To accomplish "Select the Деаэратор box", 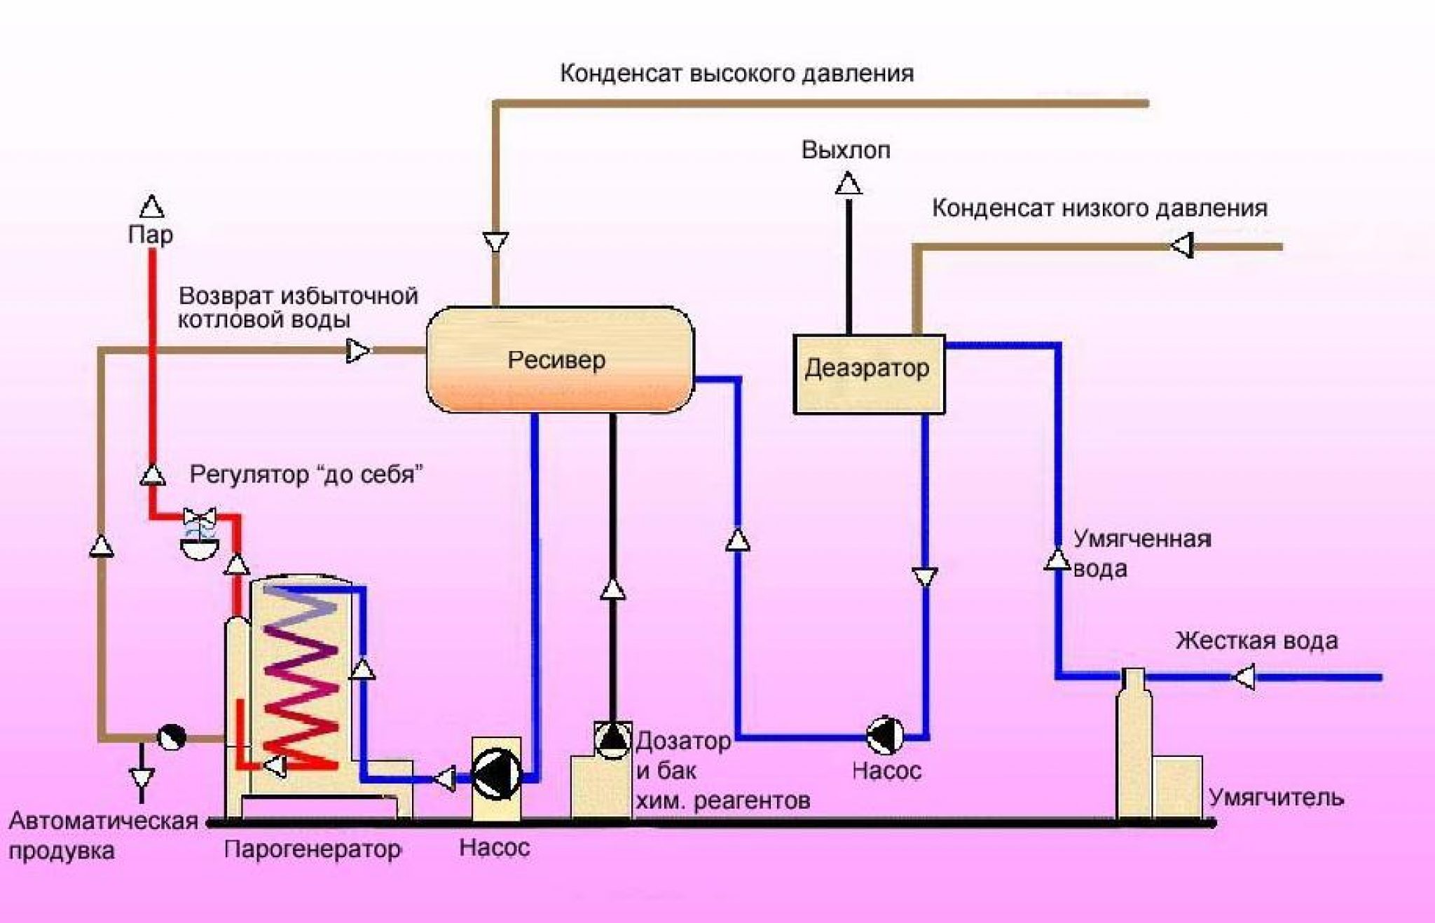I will pos(868,374).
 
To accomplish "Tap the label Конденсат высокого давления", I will pos(736,74).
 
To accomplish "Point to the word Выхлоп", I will pos(846,150).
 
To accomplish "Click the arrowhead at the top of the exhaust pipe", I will pos(849,184).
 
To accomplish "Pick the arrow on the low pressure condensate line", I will pos(1182,247).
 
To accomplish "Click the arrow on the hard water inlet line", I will pos(1244,678).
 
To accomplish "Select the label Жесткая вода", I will pos(1256,641).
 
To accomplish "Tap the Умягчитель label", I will pos(1276,798).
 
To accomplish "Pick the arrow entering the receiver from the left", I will pos(358,350).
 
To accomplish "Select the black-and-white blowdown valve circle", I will pos(171,737).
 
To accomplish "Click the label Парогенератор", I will pos(313,849).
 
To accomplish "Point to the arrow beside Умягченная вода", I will pos(1057,560).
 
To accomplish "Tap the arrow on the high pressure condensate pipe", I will pos(495,242).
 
